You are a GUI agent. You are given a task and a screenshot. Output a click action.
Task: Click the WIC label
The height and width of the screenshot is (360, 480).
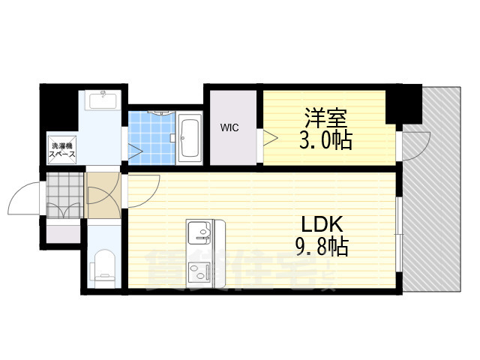coord(229,127)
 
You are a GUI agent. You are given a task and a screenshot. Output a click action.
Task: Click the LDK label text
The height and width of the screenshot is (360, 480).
coord(322,223)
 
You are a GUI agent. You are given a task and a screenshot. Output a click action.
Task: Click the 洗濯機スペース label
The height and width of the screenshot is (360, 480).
coord(61,150)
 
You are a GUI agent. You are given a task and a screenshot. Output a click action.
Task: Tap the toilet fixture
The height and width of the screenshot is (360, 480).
coord(103,266)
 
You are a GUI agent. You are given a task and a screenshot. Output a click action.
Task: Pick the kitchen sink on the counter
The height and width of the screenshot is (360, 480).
coord(201,230)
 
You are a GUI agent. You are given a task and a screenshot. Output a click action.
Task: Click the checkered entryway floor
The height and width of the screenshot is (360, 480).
coord(63,196)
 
